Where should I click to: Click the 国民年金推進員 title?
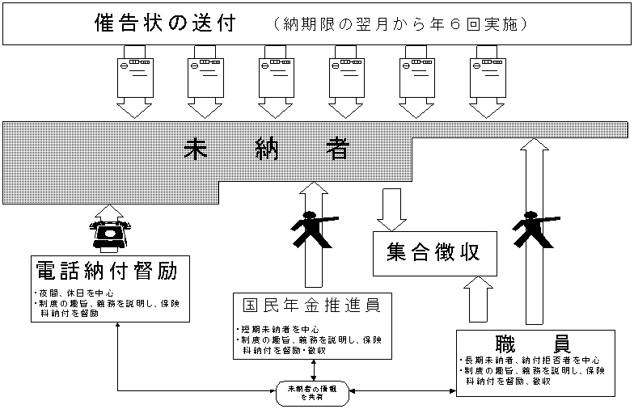(x=311, y=306)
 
